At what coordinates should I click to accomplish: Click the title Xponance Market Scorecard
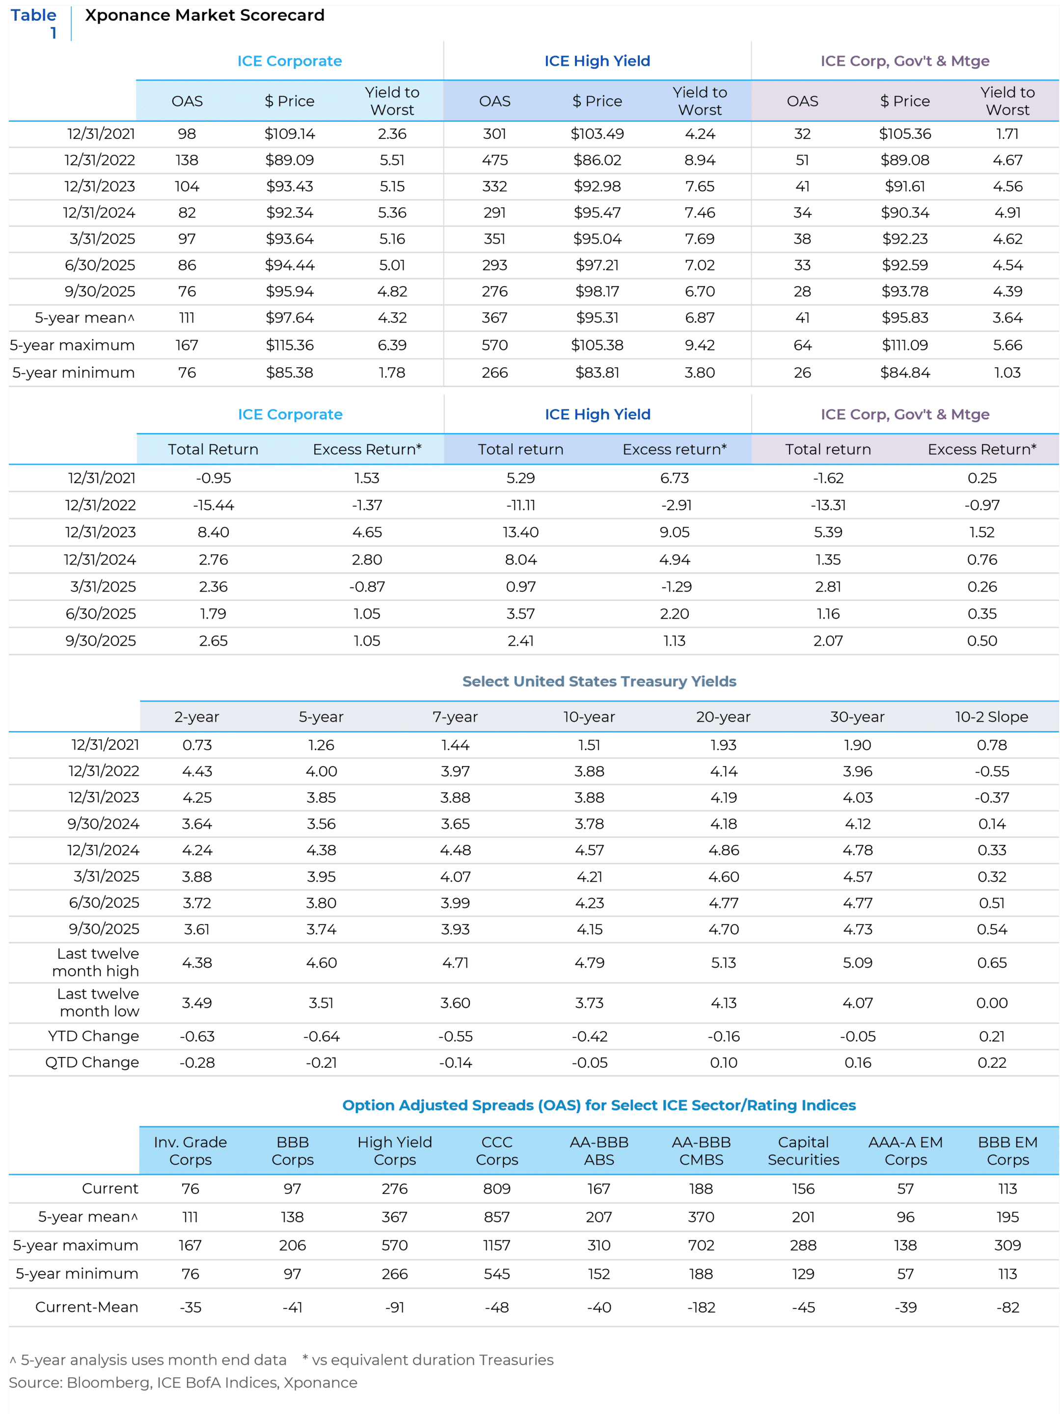click(205, 15)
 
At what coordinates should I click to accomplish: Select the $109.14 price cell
click(290, 134)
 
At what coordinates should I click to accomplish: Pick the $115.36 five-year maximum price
click(290, 345)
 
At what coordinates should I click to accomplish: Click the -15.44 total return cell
click(213, 505)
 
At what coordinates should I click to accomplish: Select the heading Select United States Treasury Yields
click(599, 681)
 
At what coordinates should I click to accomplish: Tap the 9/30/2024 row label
click(104, 824)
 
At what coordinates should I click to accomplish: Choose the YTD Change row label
click(93, 1036)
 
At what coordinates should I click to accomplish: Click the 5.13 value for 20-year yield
click(723, 963)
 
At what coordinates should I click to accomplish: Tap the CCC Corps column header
click(497, 1151)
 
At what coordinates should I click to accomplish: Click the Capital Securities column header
click(803, 1151)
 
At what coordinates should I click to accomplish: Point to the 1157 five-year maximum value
click(497, 1245)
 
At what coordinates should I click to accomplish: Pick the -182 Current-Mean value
click(701, 1307)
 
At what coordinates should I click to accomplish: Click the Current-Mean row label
click(87, 1307)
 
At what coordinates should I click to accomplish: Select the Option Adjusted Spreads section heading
click(599, 1105)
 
